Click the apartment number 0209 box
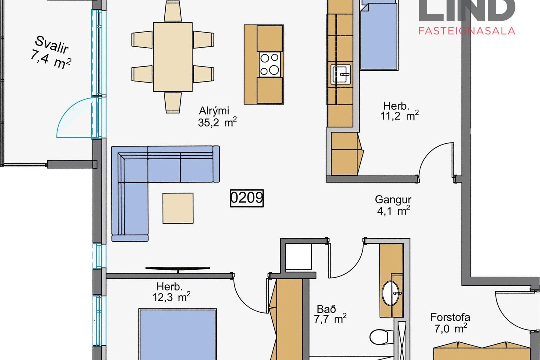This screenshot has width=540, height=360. click(x=247, y=198)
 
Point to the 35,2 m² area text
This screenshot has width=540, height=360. click(x=217, y=122)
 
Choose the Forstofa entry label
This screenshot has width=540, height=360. click(x=450, y=317)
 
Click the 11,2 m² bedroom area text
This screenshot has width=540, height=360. click(x=399, y=115)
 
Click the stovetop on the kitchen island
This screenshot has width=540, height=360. click(x=270, y=64)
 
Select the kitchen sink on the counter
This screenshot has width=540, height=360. click(x=341, y=75)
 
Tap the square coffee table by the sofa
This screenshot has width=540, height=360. click(x=178, y=208)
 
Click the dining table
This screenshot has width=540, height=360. click(x=173, y=57)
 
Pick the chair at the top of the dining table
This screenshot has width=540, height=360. click(x=173, y=11)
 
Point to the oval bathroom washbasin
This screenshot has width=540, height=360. click(x=391, y=293)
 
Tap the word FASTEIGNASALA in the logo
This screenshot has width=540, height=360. click(x=467, y=31)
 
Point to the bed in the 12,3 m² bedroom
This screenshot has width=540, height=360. click(x=177, y=334)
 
